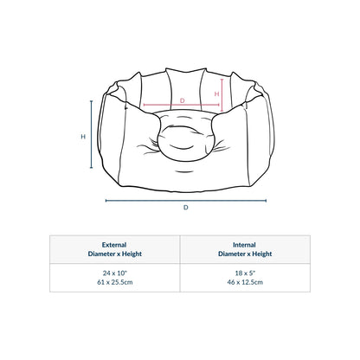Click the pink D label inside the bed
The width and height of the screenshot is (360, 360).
tap(182, 100)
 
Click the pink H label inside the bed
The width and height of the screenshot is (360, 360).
tap(216, 93)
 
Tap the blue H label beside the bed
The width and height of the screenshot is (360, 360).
tap(83, 137)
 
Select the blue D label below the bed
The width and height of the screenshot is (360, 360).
tap(186, 208)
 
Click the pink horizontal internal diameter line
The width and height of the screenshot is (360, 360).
tap(182, 105)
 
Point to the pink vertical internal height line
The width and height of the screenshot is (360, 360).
tap(222, 95)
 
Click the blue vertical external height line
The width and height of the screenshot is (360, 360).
tap(92, 134)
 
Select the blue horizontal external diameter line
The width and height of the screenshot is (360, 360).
tap(186, 201)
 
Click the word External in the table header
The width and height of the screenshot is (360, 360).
tap(114, 245)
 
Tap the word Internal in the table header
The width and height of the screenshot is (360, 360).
tap(244, 245)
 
